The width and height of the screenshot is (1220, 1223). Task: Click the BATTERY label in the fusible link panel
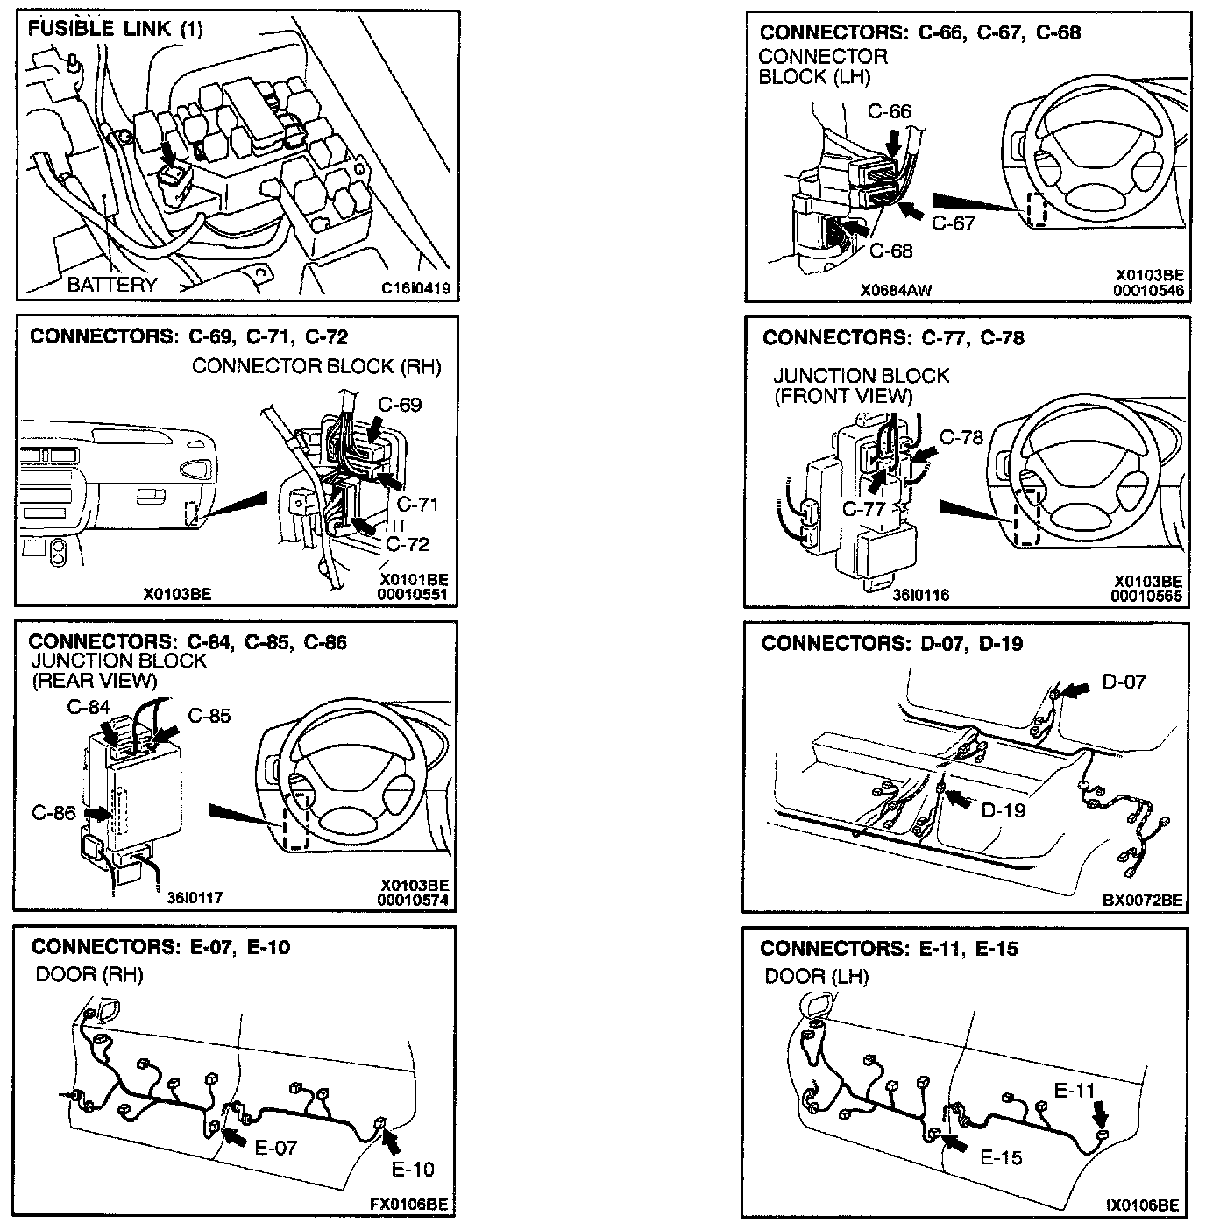pyautogui.click(x=112, y=284)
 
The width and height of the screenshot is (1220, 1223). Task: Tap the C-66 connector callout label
pyautogui.click(x=890, y=111)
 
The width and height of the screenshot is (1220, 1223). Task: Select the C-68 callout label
pyautogui.click(x=891, y=251)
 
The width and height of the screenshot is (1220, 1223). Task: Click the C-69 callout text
pyautogui.click(x=400, y=405)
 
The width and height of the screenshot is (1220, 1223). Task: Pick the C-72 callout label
pyautogui.click(x=408, y=544)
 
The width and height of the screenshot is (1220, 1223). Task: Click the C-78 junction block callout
pyautogui.click(x=961, y=436)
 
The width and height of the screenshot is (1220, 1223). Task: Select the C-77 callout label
pyautogui.click(x=863, y=509)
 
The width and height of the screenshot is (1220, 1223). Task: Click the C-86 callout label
pyautogui.click(x=53, y=812)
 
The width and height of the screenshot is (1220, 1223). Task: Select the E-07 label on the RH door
pyautogui.click(x=276, y=1147)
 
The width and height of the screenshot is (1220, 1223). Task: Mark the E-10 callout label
pyautogui.click(x=412, y=1169)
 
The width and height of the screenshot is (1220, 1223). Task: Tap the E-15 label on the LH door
pyautogui.click(x=1001, y=1157)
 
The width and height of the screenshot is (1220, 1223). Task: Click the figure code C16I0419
pyautogui.click(x=415, y=287)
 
